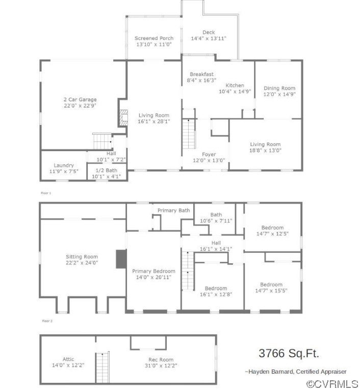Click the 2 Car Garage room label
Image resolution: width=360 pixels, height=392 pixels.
click(x=80, y=100)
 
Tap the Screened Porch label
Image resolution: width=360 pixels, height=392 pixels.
click(x=153, y=38)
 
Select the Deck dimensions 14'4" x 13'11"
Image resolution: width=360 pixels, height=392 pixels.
click(x=208, y=39)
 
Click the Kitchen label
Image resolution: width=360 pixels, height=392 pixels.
click(x=235, y=85)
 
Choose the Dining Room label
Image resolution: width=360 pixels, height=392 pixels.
click(x=279, y=88)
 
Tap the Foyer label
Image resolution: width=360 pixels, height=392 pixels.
click(x=209, y=154)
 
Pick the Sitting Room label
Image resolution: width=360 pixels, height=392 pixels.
click(x=82, y=257)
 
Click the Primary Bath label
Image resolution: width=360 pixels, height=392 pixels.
click(x=173, y=210)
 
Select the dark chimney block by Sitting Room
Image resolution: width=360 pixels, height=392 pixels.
click(x=121, y=259)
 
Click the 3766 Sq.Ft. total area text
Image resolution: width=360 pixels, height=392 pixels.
click(x=289, y=353)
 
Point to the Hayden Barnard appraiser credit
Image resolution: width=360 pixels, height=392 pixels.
click(x=295, y=372)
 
